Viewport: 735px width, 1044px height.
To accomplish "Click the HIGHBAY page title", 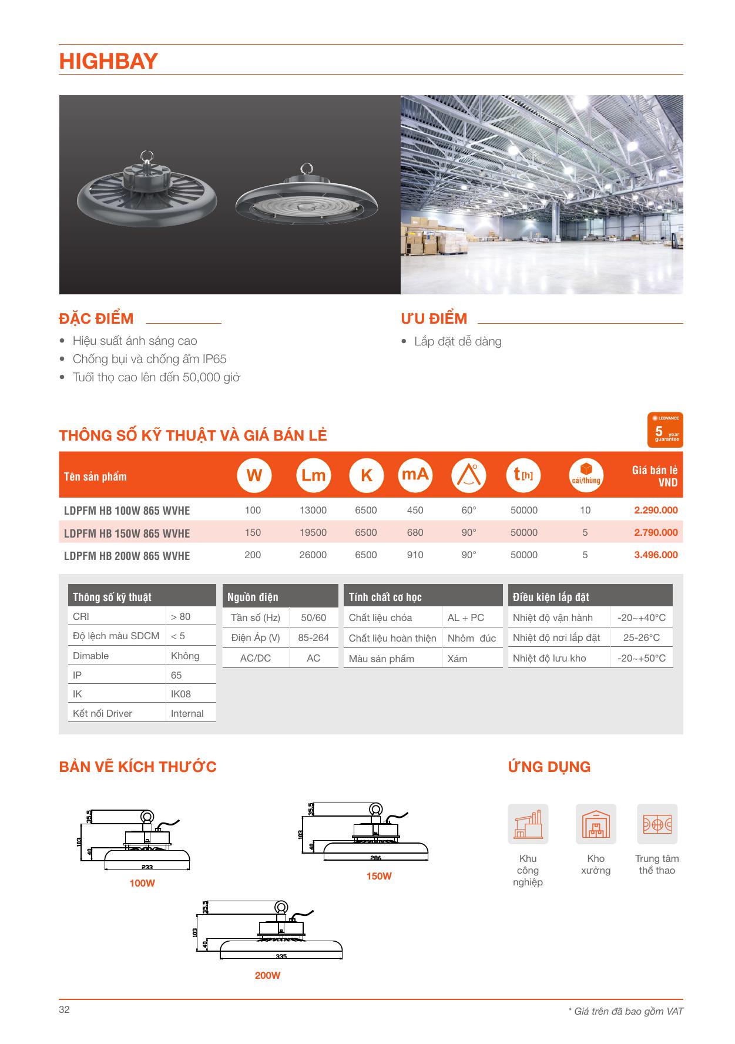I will click(x=109, y=61).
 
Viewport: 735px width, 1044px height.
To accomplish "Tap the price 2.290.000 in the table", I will click(x=656, y=510).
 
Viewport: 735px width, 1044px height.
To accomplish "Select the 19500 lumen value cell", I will click(x=313, y=532).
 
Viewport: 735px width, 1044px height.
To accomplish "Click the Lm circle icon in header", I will click(x=313, y=475).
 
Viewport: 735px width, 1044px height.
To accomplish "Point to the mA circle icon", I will click(x=415, y=475).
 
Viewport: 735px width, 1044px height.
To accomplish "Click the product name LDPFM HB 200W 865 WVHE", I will click(x=127, y=556).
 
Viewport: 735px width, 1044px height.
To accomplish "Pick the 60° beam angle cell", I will click(x=469, y=510).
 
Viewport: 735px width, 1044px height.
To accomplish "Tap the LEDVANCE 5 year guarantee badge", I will click(x=666, y=429).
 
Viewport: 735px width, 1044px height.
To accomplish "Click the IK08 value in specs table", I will click(x=181, y=694).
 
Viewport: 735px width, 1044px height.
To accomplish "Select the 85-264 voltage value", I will click(x=314, y=637).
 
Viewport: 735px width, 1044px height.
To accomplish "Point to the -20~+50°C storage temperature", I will click(x=642, y=658).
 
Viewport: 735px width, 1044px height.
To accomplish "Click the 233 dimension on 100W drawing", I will click(x=147, y=867).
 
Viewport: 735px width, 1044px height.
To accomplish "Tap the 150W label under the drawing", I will click(x=379, y=876).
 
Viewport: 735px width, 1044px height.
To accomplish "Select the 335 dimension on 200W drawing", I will click(x=281, y=956).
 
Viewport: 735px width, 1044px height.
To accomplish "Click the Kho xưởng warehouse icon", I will click(x=596, y=824).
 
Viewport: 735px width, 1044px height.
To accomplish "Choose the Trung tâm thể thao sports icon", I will click(x=657, y=824).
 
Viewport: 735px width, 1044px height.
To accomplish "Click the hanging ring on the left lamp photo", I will click(x=147, y=156).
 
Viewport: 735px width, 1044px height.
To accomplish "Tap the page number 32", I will click(x=64, y=1009).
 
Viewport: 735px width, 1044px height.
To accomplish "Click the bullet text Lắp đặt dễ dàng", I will click(x=458, y=341).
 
